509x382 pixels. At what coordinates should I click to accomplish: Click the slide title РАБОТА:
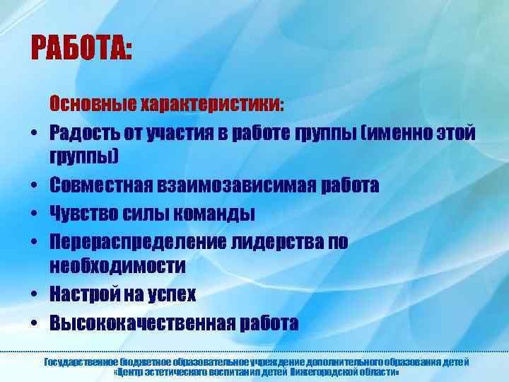click(81, 50)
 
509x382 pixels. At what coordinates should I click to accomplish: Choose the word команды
click(213, 213)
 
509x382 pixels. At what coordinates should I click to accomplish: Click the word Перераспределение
click(137, 241)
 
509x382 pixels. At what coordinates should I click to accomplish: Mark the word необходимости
click(117, 267)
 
